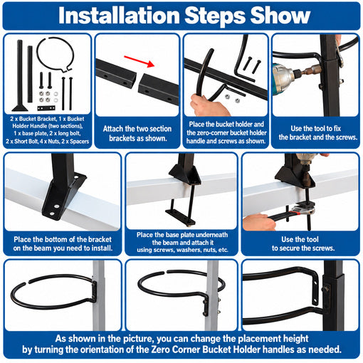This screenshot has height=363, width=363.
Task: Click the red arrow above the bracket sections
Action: (x=140, y=61)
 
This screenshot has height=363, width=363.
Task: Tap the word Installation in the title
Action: (x=119, y=16)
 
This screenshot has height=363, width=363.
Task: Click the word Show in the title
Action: (x=280, y=16)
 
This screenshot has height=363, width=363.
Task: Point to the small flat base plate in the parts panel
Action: (x=46, y=108)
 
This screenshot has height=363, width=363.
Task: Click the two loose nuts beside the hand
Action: (x=232, y=98)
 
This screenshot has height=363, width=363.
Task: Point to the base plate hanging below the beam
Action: (x=180, y=216)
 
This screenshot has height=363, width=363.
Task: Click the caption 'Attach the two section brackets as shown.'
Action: (x=137, y=133)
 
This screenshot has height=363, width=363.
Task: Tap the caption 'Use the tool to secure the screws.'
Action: (x=302, y=243)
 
